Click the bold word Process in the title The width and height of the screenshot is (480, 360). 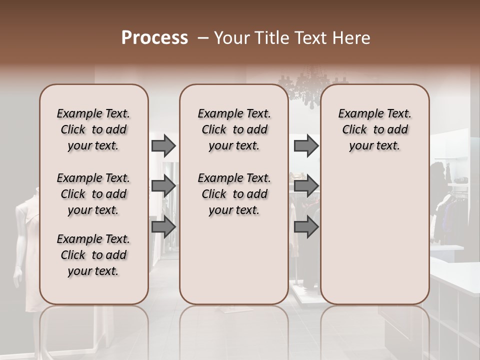pos(154,38)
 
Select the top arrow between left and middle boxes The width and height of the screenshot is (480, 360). pos(163,145)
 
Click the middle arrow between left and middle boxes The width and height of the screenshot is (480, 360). pos(163,186)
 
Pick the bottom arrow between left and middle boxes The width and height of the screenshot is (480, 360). pos(163,227)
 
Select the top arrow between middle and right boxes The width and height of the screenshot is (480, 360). pos(306,145)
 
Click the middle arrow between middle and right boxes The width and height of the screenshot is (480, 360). pos(306,186)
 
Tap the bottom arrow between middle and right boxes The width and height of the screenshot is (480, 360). pos(306,227)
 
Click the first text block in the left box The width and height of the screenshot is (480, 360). pos(93,129)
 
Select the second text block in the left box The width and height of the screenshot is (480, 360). pos(93,194)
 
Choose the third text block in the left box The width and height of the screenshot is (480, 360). pos(93,255)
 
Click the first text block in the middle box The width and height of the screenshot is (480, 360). pos(234,129)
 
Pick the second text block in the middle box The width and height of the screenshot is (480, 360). pos(234,194)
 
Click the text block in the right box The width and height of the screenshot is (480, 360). pos(374,129)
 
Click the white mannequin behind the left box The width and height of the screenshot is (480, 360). pos(25,240)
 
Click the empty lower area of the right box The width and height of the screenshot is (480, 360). pos(374,240)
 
